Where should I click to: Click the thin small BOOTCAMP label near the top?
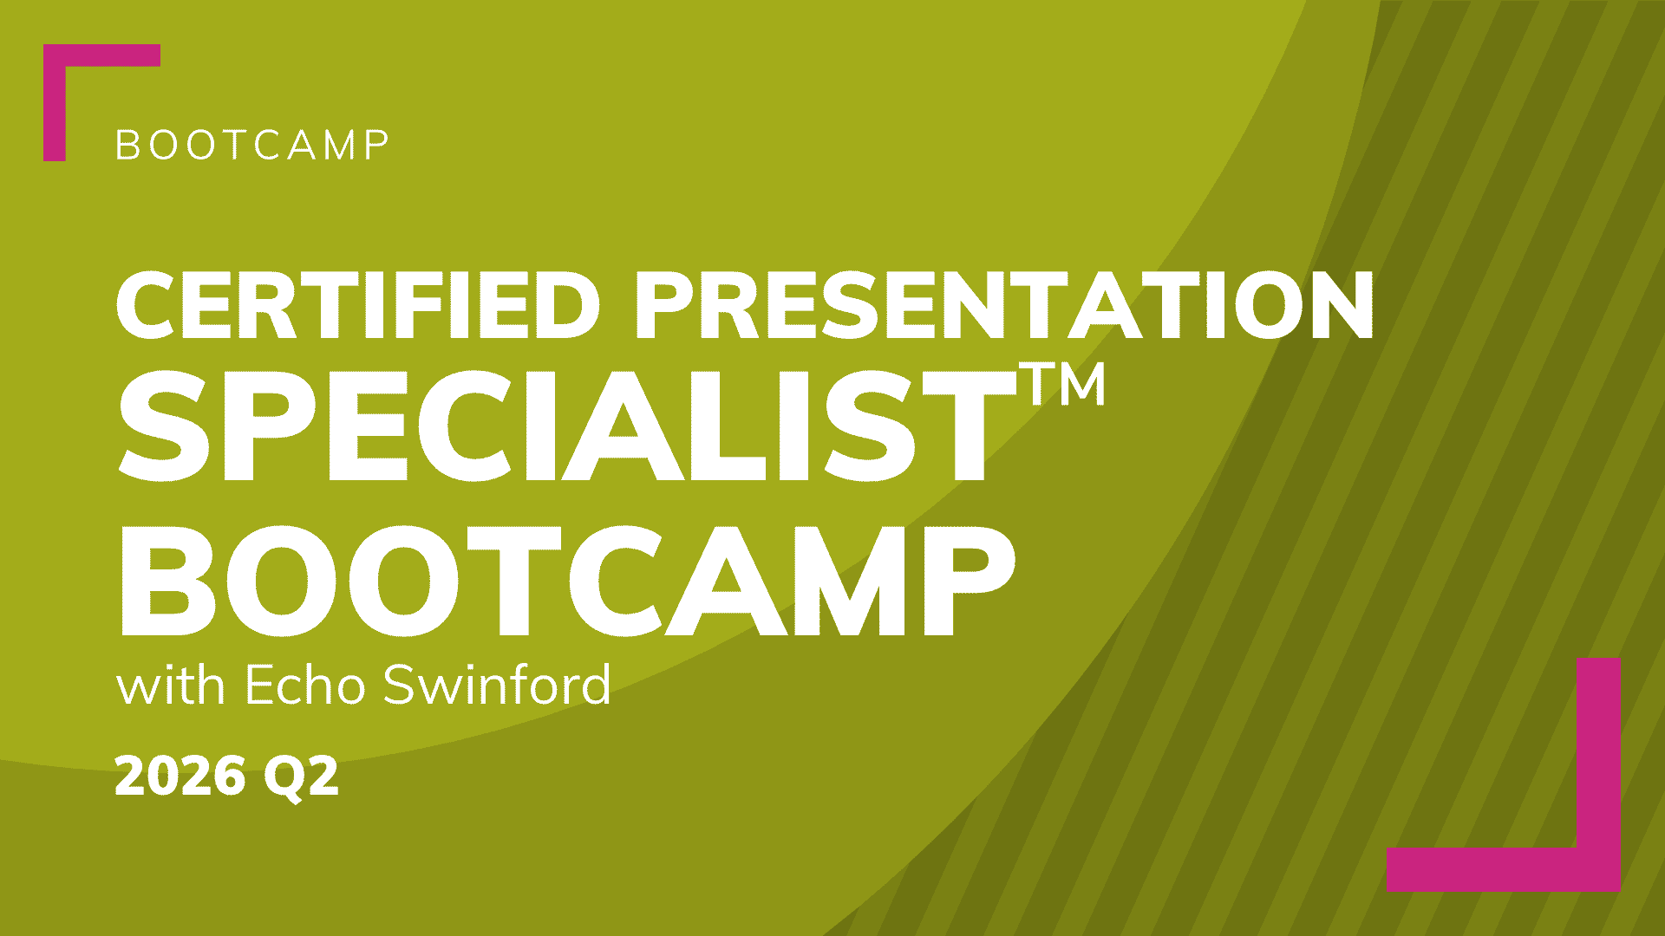pyautogui.click(x=252, y=146)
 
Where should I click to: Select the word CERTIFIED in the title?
pyautogui.click(x=358, y=305)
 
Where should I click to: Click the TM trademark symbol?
pyautogui.click(x=1067, y=383)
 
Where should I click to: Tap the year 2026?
pyautogui.click(x=180, y=776)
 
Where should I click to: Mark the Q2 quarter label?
pyautogui.click(x=301, y=777)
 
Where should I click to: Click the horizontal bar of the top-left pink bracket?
pyautogui.click(x=102, y=55)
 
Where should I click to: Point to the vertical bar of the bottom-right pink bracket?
pyautogui.click(x=1598, y=775)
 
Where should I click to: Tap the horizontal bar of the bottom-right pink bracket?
pyautogui.click(x=1504, y=869)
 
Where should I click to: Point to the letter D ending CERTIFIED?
pyautogui.click(x=568, y=305)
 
